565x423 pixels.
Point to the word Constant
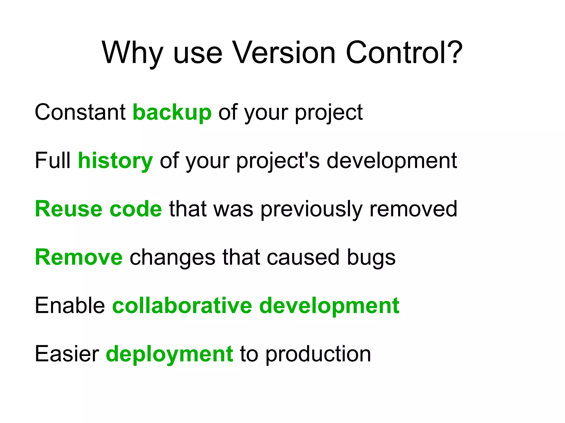(80, 112)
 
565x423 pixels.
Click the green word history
(115, 161)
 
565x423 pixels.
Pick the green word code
(136, 209)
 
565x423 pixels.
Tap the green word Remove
(79, 257)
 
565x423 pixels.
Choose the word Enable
(70, 306)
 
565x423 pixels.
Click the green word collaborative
(182, 306)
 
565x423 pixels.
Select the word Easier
(67, 354)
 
